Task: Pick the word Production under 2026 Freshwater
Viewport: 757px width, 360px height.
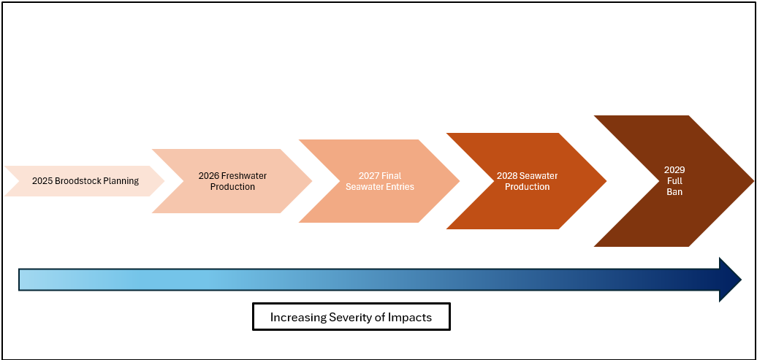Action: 232,187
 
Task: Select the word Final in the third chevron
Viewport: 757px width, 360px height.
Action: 392,176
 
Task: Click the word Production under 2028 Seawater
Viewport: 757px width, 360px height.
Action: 528,187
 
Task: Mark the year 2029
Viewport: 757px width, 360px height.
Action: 674,170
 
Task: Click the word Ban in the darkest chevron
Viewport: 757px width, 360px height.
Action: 674,192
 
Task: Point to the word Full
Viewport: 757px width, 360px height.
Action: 674,181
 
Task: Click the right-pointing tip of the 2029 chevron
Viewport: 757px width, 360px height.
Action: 753,181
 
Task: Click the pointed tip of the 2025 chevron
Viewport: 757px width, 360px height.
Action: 164,181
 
